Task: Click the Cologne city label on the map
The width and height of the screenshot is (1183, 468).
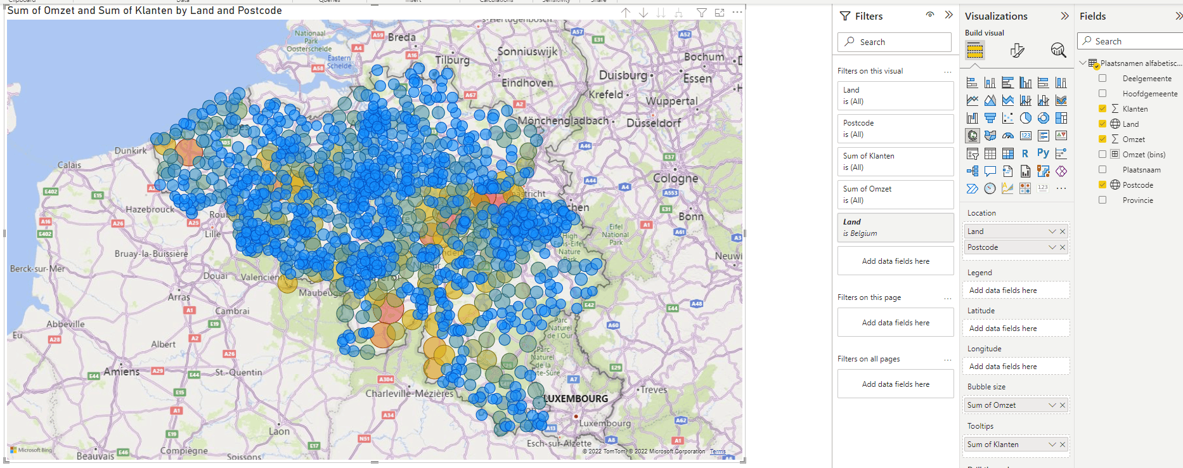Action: pyautogui.click(x=675, y=178)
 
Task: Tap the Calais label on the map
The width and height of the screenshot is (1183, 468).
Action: pyautogui.click(x=69, y=165)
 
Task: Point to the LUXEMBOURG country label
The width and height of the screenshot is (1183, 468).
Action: pyautogui.click(x=576, y=399)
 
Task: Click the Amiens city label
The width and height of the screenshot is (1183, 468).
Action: pyautogui.click(x=121, y=372)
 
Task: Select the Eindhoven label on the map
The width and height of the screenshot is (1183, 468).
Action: pyautogui.click(x=527, y=82)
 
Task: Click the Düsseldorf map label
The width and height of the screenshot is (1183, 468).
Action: pyautogui.click(x=654, y=123)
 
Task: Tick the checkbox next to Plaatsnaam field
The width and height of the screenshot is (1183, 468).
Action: pyautogui.click(x=1102, y=169)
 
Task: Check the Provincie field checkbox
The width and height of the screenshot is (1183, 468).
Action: pyautogui.click(x=1102, y=200)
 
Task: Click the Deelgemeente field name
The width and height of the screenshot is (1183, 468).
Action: pyautogui.click(x=1147, y=79)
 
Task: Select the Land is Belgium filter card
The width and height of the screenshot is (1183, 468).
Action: pyautogui.click(x=895, y=227)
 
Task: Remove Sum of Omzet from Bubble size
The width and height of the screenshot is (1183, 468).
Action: pyautogui.click(x=1063, y=405)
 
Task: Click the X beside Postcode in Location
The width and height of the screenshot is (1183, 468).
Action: pyautogui.click(x=1063, y=247)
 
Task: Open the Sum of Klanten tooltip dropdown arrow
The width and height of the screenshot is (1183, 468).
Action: pyautogui.click(x=1052, y=445)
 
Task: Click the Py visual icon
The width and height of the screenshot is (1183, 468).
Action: pyautogui.click(x=1043, y=153)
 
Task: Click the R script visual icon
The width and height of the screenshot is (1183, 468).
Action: pyautogui.click(x=1025, y=153)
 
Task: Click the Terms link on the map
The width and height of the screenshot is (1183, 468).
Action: pyautogui.click(x=718, y=452)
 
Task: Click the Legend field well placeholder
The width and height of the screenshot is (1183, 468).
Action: pyautogui.click(x=1016, y=290)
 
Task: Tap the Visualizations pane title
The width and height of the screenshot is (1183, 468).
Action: pyautogui.click(x=996, y=16)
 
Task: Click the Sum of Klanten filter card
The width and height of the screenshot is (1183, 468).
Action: pyautogui.click(x=895, y=161)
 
